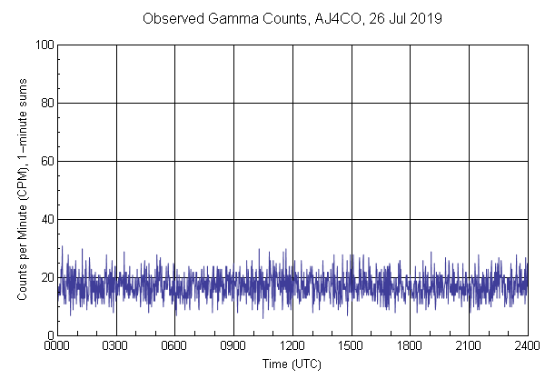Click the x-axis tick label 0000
(x=57, y=346)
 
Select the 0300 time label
(x=116, y=346)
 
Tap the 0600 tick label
(x=174, y=346)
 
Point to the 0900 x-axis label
(x=233, y=346)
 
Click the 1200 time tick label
(x=292, y=346)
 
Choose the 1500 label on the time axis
(x=352, y=346)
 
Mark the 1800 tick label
(x=410, y=346)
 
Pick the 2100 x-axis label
(x=469, y=346)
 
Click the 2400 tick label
(x=527, y=346)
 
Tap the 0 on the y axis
(x=49, y=335)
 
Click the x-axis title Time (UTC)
(x=292, y=364)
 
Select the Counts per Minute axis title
(x=22, y=190)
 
